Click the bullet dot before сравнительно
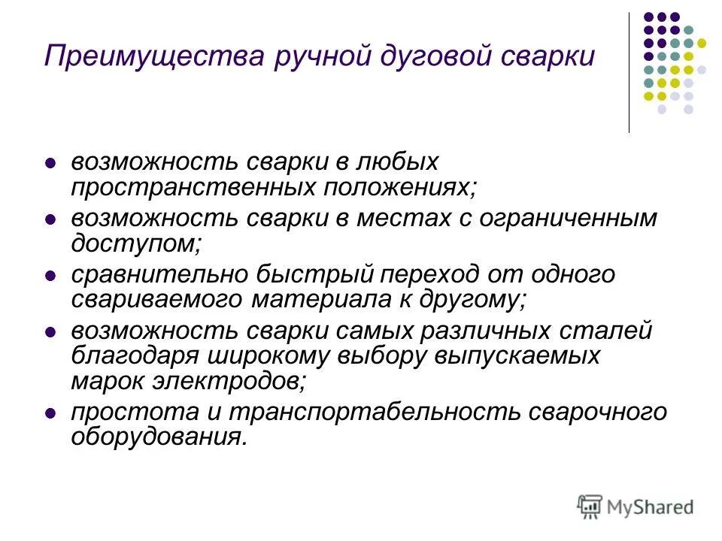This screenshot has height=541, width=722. point(50,277)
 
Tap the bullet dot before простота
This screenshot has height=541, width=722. point(50,413)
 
